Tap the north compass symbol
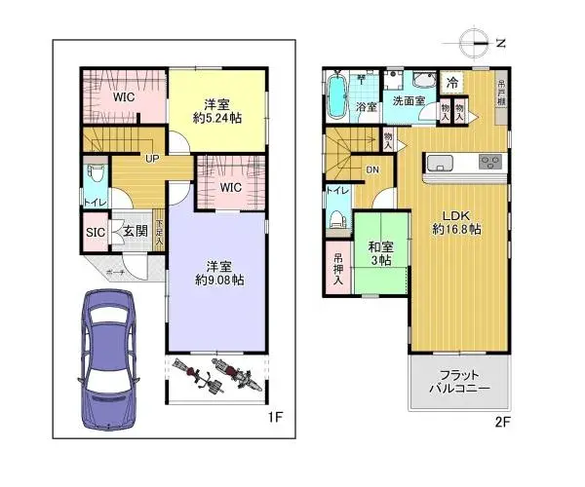click(x=475, y=42)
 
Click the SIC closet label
click(x=95, y=233)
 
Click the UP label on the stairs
click(x=152, y=159)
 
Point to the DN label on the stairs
click(x=372, y=170)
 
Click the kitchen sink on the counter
click(x=438, y=163)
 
